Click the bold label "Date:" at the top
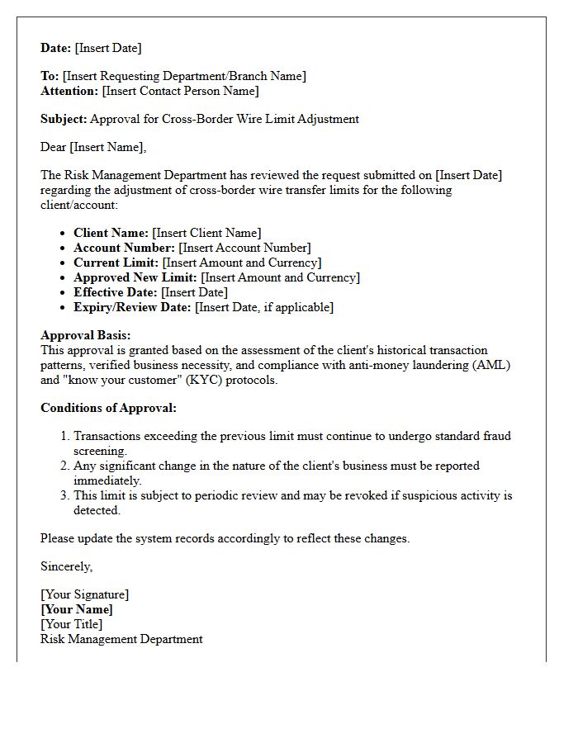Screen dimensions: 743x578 [x=56, y=48]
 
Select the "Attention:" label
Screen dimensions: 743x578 [x=69, y=91]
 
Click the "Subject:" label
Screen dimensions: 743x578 [x=64, y=119]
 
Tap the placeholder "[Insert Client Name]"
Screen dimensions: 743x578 [x=206, y=233]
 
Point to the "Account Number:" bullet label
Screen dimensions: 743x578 [x=124, y=248]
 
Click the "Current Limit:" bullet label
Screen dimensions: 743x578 [x=116, y=263]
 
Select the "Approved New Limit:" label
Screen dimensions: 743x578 [x=135, y=277]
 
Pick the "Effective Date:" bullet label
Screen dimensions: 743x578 [x=116, y=292]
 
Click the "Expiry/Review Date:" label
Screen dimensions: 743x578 [x=132, y=307]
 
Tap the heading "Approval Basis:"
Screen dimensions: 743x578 [x=86, y=336]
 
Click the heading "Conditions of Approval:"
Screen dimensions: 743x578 [x=108, y=408]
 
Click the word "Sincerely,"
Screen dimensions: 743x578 [x=67, y=566]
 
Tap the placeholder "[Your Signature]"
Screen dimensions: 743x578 [x=85, y=594]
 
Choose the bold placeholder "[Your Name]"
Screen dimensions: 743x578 [x=77, y=609]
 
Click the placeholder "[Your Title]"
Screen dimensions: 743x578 [x=72, y=624]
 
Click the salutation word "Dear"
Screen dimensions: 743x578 [x=54, y=147]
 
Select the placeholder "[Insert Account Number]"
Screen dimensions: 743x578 [x=245, y=248]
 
